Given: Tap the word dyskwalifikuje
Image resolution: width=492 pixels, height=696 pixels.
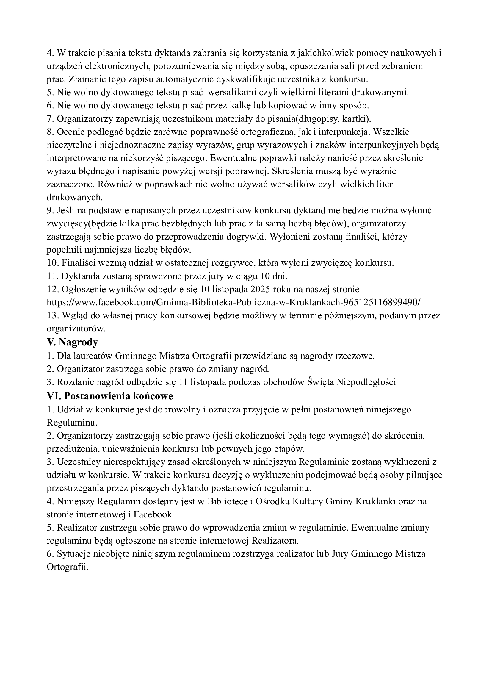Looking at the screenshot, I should point(219,79).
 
